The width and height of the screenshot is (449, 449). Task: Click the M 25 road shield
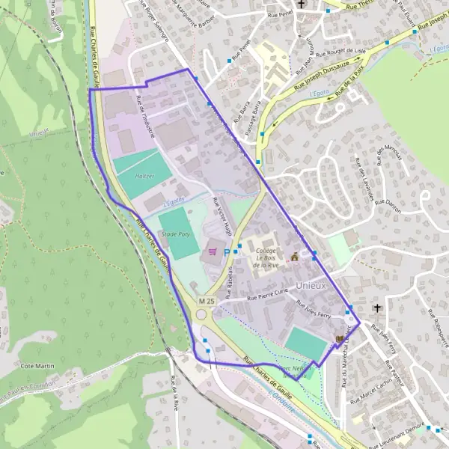click(x=207, y=301)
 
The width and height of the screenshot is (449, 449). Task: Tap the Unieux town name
click(x=311, y=285)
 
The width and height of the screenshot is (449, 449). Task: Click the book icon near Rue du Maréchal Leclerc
click(x=340, y=339)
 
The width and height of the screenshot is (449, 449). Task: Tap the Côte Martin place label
click(x=38, y=365)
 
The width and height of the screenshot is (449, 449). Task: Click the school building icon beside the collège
click(x=294, y=257)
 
